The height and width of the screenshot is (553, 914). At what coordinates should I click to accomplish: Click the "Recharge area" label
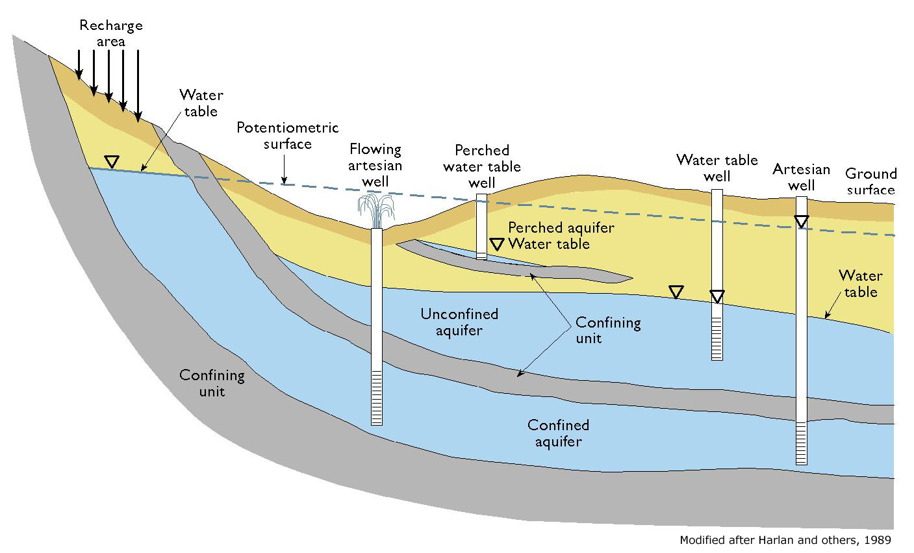click(111, 33)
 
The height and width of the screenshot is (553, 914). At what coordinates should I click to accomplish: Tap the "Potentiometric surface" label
click(288, 136)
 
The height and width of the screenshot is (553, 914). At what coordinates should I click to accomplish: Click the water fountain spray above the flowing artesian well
click(376, 211)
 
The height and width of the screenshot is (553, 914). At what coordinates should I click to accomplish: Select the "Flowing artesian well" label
click(375, 165)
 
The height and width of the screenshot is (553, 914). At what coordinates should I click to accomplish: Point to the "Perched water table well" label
click(482, 166)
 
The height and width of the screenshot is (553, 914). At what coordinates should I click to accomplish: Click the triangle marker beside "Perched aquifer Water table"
click(496, 244)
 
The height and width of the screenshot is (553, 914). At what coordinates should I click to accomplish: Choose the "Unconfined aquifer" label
click(459, 322)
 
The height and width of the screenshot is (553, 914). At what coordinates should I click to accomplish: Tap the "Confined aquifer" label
click(558, 433)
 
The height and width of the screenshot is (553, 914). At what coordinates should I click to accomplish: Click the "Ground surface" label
click(870, 181)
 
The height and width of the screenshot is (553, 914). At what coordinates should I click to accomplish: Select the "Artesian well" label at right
click(802, 177)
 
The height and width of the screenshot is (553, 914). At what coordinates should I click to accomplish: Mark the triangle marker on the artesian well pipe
click(802, 222)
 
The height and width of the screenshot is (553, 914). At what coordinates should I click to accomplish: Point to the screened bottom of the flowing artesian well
click(377, 398)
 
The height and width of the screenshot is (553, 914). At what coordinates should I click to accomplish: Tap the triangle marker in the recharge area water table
click(111, 162)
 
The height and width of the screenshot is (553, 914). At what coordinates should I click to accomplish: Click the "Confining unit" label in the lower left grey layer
click(212, 383)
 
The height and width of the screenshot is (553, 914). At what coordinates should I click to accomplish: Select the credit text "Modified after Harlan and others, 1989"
click(785, 540)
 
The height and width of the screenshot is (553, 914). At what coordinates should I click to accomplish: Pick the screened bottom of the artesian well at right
click(802, 443)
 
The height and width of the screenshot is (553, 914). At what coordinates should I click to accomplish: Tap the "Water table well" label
click(717, 168)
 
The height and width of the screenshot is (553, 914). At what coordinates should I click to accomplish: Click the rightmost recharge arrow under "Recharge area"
click(138, 86)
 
